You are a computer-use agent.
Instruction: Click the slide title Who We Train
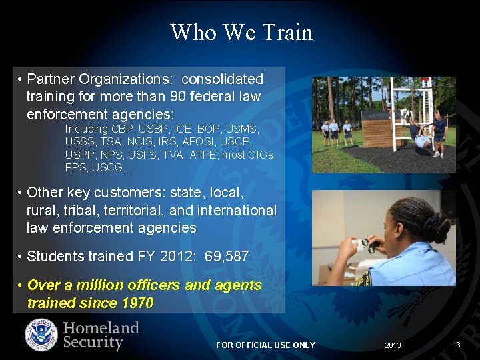coord(241,32)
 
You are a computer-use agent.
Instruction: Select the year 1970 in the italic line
coord(137,303)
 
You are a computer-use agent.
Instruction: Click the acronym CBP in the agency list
coord(123,129)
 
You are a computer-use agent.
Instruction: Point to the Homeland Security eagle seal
coord(41,335)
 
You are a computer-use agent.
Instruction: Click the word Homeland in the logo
coord(101,327)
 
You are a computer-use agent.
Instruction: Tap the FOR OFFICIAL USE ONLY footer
coord(265,345)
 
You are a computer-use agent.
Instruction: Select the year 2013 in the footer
coord(393,345)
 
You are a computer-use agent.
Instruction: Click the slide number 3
coord(458,345)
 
